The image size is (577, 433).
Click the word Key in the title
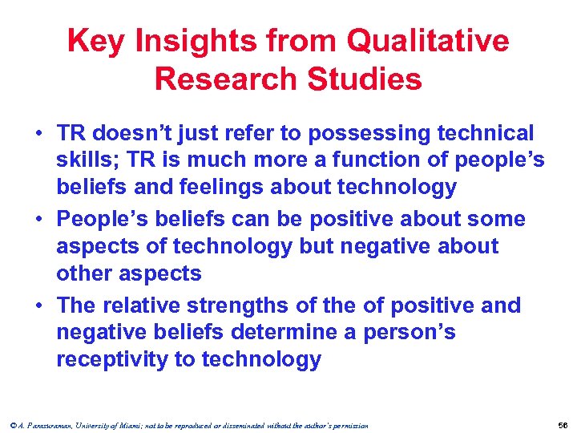95,41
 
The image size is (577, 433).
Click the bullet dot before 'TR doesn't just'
38,134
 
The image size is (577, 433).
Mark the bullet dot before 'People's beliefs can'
38,220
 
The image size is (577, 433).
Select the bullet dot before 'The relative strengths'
38,306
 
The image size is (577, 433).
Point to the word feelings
227,188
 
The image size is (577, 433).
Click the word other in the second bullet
84,273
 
